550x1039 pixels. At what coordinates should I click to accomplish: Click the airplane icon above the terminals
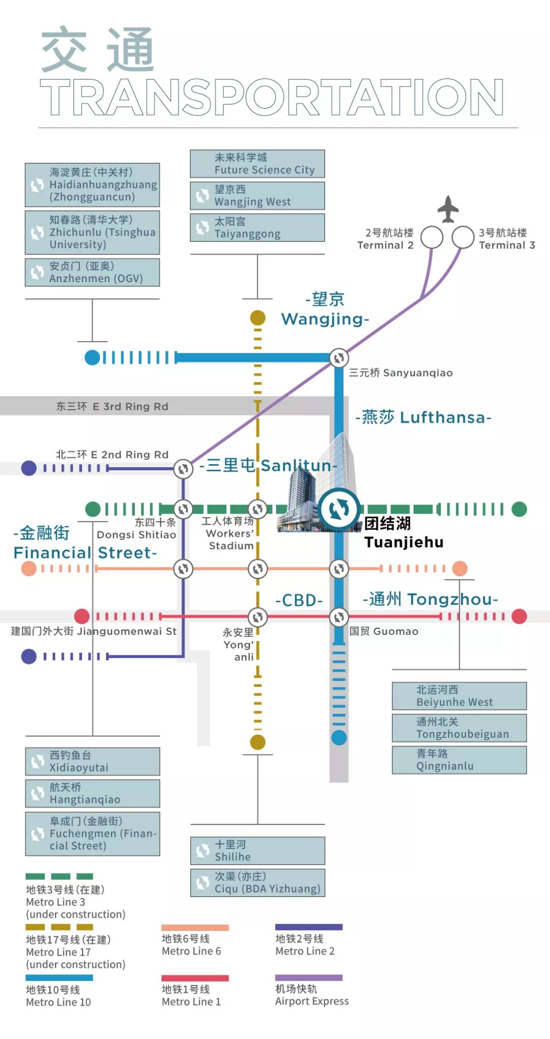448,209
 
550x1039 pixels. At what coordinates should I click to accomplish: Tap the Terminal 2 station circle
432,237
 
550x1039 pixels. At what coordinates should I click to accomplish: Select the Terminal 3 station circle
463,237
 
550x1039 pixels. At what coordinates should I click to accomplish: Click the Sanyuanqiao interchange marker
339,358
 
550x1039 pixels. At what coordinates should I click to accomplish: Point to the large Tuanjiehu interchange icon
339,509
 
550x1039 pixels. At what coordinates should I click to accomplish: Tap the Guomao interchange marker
339,617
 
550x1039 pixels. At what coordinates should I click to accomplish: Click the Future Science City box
257,164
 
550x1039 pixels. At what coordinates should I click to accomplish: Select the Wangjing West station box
257,196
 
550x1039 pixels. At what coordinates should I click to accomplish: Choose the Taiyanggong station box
257,228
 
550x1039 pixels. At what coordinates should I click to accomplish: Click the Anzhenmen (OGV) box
92,272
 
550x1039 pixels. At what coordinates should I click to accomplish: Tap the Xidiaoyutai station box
93,761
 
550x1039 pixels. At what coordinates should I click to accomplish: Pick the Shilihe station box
258,850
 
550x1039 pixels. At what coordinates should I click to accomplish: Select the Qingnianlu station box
459,760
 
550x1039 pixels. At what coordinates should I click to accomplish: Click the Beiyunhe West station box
459,696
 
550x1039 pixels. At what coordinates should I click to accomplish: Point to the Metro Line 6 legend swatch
195,927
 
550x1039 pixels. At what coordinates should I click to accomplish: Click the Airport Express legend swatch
309,977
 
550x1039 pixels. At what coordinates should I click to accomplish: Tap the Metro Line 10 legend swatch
59,978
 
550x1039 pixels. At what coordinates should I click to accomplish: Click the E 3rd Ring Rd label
112,407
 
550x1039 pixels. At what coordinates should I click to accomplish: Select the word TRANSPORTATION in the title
272,97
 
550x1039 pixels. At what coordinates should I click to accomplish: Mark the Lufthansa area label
423,417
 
